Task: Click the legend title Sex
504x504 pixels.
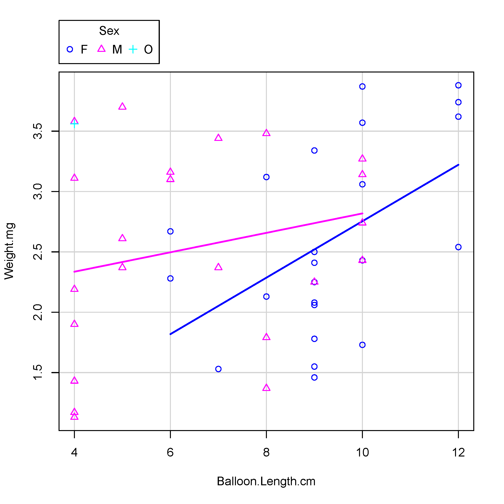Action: click(109, 31)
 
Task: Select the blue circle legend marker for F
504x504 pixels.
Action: click(70, 49)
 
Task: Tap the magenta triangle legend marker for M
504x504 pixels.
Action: click(101, 49)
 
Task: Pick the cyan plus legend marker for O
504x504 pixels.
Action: click(133, 49)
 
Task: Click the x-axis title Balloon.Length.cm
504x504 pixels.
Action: click(266, 481)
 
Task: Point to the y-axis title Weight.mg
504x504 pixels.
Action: click(9, 251)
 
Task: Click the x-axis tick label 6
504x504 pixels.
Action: click(170, 452)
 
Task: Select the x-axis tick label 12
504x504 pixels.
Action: click(458, 452)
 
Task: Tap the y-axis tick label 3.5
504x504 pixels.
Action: click(38, 131)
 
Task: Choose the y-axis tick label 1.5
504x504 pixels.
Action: click(38, 372)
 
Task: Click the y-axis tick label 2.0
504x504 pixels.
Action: click(38, 312)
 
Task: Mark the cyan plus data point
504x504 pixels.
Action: click(74, 124)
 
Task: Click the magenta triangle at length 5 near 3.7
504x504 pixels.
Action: click(122, 106)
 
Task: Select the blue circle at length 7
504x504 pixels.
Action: click(218, 369)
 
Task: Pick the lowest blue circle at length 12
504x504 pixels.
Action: click(458, 247)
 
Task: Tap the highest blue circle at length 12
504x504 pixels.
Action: click(458, 85)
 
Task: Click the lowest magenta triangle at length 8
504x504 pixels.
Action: click(266, 388)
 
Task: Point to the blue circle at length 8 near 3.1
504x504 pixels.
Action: click(266, 177)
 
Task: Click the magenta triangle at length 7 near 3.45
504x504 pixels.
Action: click(218, 138)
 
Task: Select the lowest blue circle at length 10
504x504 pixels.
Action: click(362, 345)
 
